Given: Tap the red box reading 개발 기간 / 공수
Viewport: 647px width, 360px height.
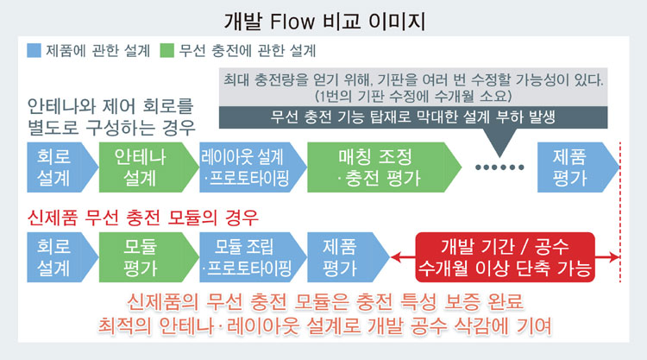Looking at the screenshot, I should tap(505, 256).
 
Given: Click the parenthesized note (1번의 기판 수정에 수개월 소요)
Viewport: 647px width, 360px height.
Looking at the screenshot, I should tap(414, 94).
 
